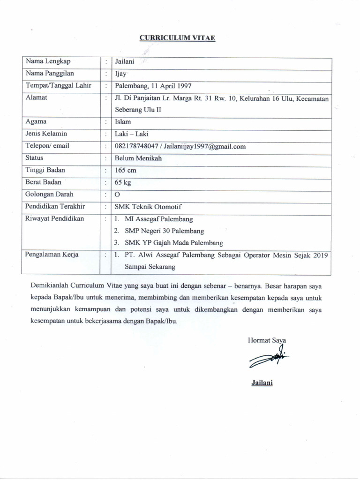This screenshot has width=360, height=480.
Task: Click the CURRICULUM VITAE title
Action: point(177,38)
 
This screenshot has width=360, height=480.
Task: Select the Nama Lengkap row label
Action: point(48,61)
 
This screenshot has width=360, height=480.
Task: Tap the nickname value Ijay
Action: point(121,74)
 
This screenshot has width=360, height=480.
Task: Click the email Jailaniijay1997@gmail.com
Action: point(205,146)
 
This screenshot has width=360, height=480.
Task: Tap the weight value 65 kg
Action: point(123,183)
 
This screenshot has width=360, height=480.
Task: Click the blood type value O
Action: point(118,195)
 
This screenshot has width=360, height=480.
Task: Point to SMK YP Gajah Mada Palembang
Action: point(173,243)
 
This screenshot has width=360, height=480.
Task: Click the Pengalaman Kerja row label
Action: point(52,255)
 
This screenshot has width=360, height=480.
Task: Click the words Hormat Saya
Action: point(267,340)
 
